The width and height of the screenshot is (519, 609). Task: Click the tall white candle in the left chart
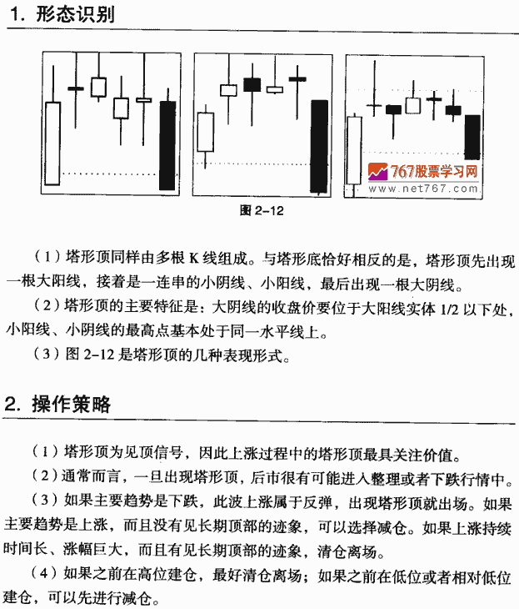[54, 147]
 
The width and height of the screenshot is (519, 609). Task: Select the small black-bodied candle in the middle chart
[252, 84]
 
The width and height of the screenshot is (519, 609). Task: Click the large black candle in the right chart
[473, 136]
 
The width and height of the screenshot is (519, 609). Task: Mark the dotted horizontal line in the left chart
[108, 174]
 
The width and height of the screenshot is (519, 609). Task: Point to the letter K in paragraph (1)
[193, 258]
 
